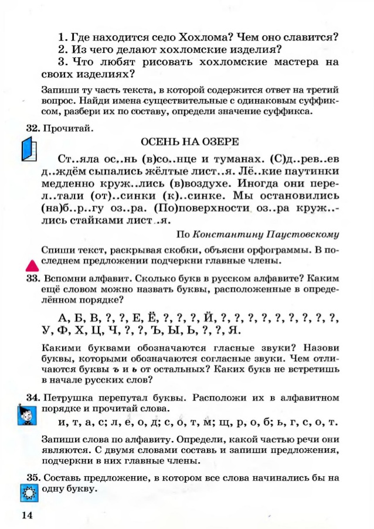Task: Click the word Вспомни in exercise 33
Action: [x=65, y=279]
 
